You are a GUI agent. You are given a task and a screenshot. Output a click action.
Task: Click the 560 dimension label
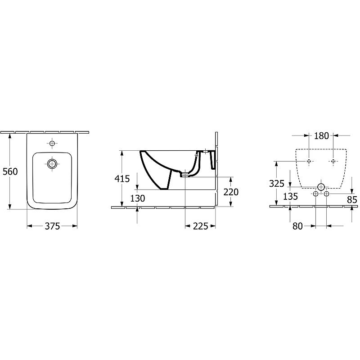[10, 171]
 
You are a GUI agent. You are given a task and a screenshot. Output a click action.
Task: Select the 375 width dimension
[52, 226]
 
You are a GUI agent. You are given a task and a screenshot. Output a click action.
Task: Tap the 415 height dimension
[122, 179]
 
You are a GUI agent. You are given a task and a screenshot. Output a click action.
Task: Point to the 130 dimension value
[138, 198]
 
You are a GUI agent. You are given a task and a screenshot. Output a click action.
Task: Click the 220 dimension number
[231, 192]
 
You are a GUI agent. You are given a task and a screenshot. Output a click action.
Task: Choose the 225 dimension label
[200, 226]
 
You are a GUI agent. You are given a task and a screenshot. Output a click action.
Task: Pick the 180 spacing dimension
[321, 136]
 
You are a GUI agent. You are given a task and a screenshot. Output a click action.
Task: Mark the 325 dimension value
[277, 184]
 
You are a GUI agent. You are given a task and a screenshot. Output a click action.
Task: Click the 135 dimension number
[290, 197]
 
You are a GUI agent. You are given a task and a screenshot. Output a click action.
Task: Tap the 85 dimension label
[352, 200]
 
